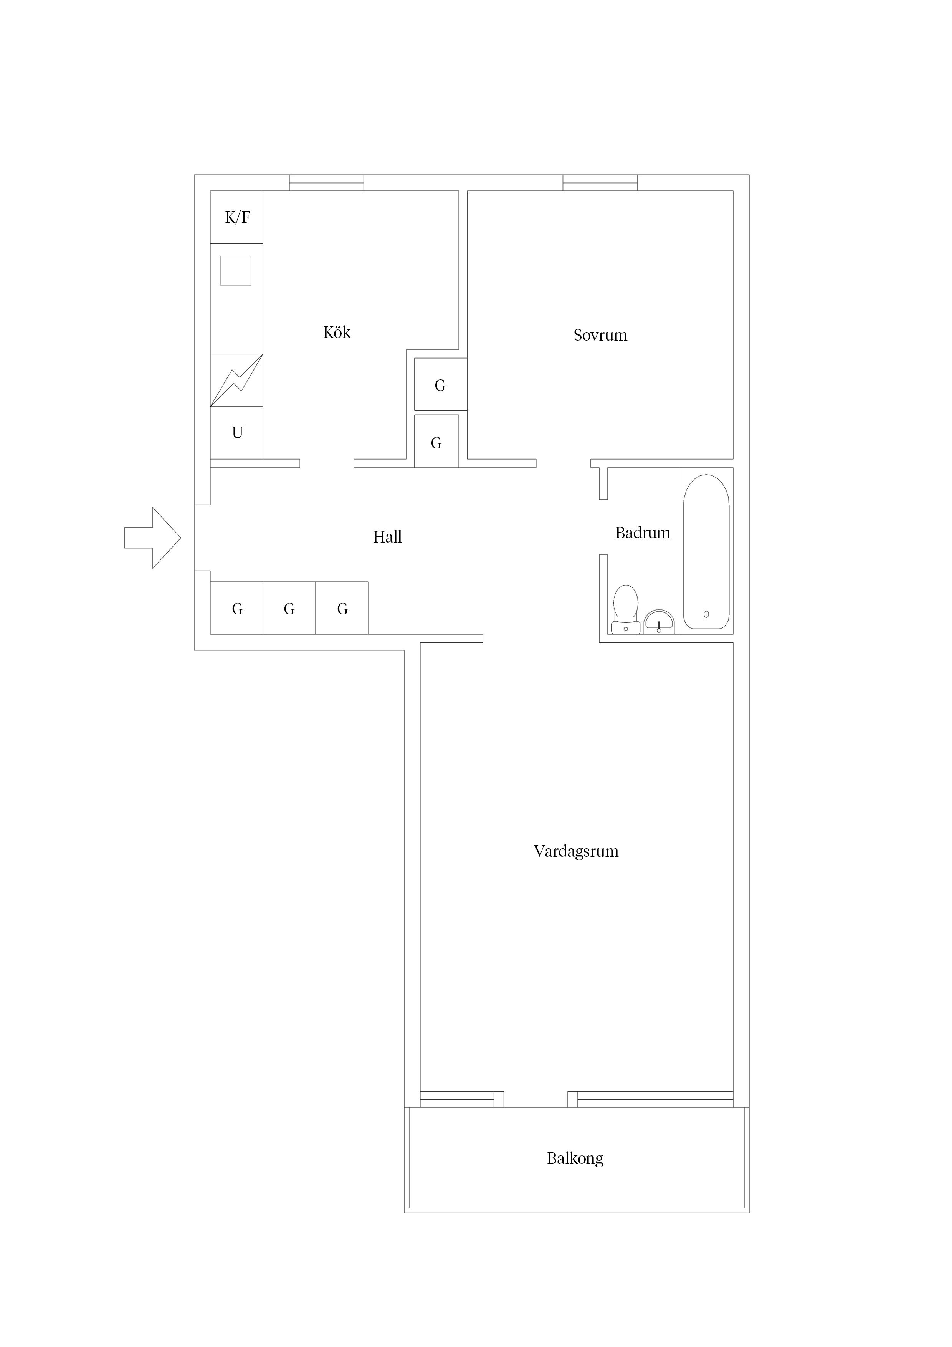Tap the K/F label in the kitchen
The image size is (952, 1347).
(238, 218)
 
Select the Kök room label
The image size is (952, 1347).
(337, 332)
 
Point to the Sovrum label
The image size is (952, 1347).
(600, 335)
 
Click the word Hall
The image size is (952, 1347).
(387, 537)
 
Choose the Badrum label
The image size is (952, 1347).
(642, 533)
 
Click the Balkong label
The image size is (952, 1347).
(575, 1158)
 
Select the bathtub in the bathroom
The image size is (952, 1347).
(706, 551)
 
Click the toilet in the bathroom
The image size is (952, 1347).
(625, 609)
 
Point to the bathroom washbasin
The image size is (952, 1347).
(659, 622)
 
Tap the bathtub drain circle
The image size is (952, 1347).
(706, 614)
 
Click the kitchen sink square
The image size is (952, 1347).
(235, 270)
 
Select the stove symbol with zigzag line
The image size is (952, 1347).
(236, 380)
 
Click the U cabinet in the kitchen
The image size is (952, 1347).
(236, 433)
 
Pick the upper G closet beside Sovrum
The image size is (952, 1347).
(441, 384)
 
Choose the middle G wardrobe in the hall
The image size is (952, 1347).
(289, 608)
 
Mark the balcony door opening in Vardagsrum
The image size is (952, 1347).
(535, 1099)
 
